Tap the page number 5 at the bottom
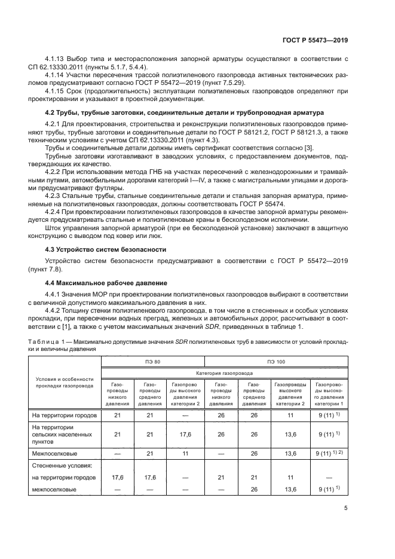(346, 509)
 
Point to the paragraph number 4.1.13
(56, 59)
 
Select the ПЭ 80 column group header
(152, 362)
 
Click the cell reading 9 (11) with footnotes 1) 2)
(329, 453)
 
